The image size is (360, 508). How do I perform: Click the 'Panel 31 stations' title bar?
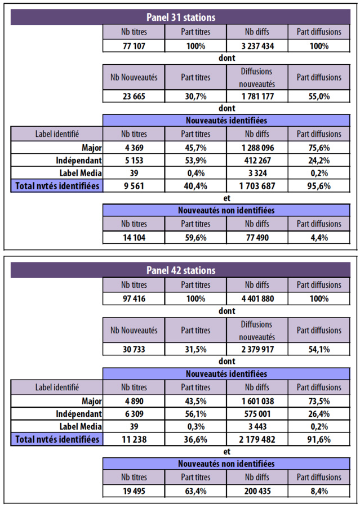tap(180, 17)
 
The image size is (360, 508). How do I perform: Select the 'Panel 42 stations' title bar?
tap(180, 270)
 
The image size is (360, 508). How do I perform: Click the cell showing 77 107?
tap(135, 46)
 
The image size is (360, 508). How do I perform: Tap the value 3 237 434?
tap(257, 46)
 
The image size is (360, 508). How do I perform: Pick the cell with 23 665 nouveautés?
tap(135, 96)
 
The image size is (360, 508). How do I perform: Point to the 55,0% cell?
tap(319, 96)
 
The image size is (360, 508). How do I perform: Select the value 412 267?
tap(257, 161)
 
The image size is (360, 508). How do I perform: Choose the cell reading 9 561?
tap(135, 186)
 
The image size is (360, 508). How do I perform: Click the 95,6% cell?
tap(319, 186)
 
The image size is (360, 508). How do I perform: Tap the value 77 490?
tap(257, 237)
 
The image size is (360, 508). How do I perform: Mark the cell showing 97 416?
tap(135, 298)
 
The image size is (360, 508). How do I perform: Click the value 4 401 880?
tap(257, 298)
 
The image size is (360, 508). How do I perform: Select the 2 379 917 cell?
tap(257, 349)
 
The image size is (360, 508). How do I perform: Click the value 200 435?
tap(257, 490)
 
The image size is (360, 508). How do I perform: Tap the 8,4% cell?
tap(319, 490)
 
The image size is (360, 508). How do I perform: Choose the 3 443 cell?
tap(257, 426)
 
